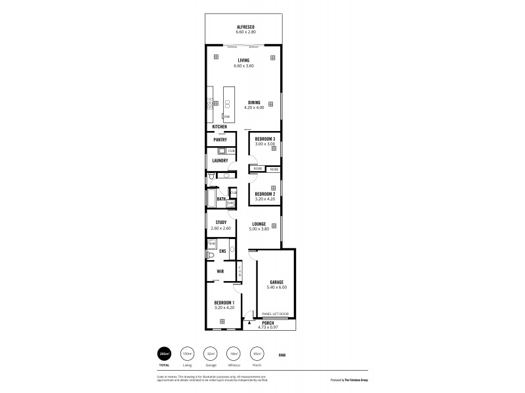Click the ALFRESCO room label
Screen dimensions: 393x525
point(245,26)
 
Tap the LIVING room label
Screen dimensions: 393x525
point(243,60)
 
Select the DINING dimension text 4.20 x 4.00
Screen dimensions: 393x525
point(253,108)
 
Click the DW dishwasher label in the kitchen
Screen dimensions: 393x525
point(226,117)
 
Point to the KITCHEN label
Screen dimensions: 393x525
point(219,126)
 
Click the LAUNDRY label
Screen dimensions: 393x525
point(220,160)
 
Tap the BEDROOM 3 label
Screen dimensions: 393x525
point(266,139)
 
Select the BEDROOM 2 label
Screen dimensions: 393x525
point(266,195)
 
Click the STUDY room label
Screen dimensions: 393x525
point(221,223)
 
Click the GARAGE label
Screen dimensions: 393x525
point(277,282)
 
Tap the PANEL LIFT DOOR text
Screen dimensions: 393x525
point(276,314)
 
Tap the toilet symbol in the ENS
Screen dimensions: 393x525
point(210,255)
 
